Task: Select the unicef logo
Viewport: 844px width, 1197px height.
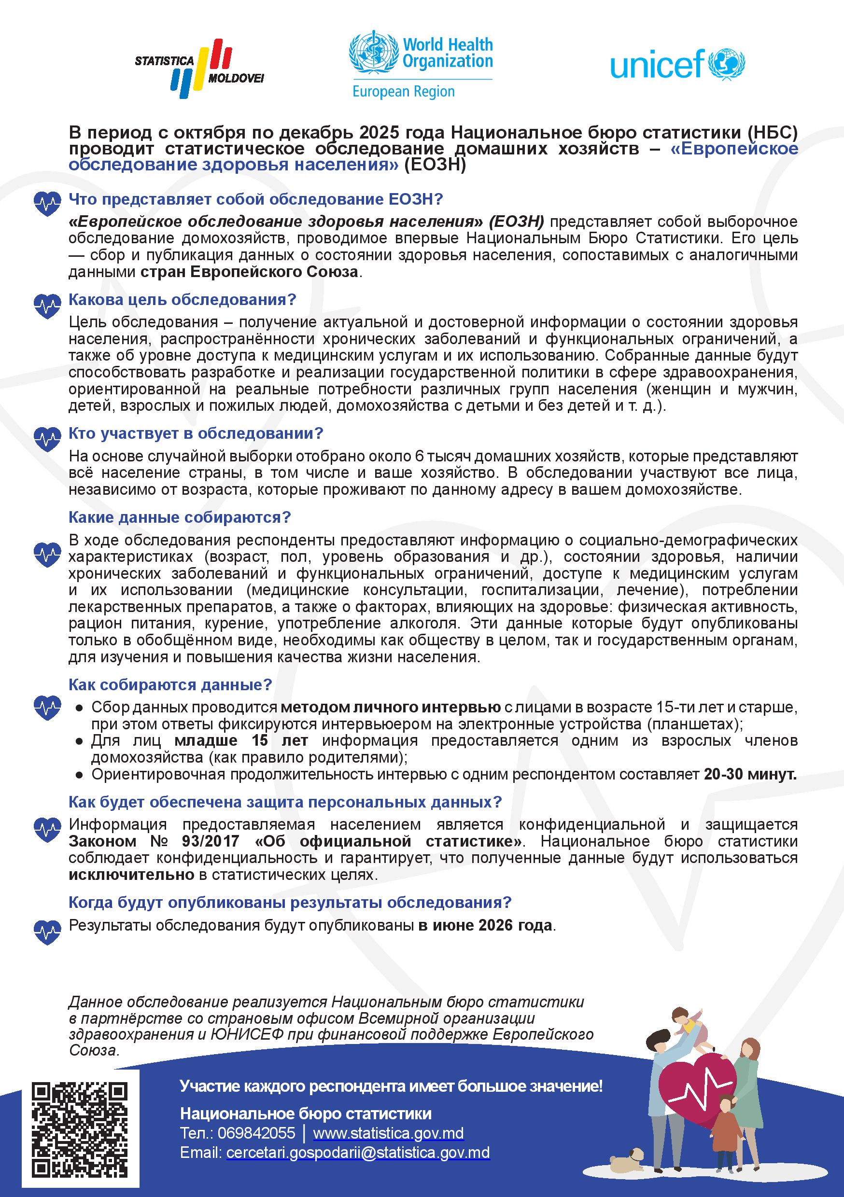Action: pos(677,65)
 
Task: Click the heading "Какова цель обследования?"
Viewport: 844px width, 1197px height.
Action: pos(182,300)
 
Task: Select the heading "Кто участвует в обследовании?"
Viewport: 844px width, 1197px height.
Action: pos(196,433)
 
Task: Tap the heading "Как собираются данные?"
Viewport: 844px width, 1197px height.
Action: pos(170,684)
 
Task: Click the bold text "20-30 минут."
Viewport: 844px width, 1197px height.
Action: pos(749,774)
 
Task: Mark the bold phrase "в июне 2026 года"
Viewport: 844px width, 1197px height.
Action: pos(485,925)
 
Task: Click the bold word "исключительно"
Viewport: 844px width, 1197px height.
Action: pos(131,875)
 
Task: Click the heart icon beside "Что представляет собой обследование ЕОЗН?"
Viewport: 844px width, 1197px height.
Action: pos(47,203)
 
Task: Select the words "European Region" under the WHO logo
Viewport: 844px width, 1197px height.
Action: pos(403,92)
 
